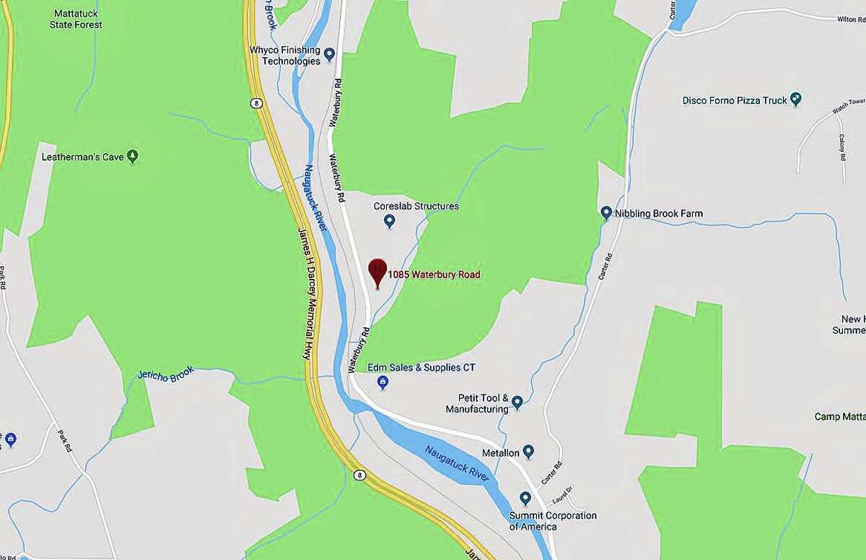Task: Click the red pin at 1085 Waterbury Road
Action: click(x=377, y=272)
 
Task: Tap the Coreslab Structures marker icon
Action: click(x=390, y=220)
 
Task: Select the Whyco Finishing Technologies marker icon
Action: click(x=330, y=53)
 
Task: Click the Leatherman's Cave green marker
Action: click(x=132, y=155)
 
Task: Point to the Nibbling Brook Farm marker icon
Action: click(x=606, y=212)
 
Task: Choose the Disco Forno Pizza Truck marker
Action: click(x=796, y=98)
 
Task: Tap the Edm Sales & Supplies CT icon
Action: click(x=383, y=383)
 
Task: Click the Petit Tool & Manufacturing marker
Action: click(x=517, y=402)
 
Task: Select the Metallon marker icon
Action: click(x=528, y=452)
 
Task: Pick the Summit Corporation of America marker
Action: click(x=525, y=499)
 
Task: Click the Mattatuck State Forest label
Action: click(x=77, y=19)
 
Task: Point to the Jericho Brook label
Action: click(x=167, y=374)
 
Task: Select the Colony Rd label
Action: click(x=842, y=148)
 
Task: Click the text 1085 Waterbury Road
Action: click(x=434, y=275)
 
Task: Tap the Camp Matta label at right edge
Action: click(x=840, y=417)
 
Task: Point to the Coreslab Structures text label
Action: click(x=416, y=206)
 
